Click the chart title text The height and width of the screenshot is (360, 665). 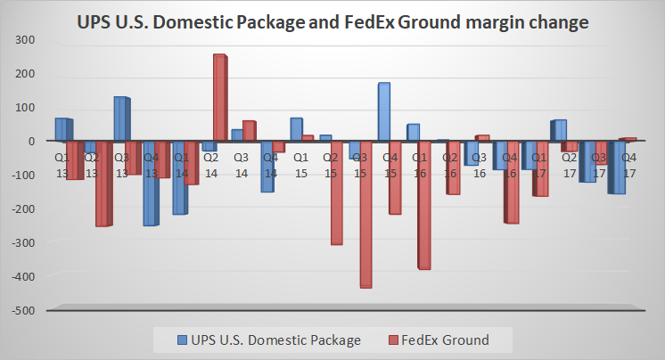click(x=332, y=21)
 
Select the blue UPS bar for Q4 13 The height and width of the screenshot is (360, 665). click(x=150, y=184)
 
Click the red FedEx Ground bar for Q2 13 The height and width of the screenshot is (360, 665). click(x=103, y=184)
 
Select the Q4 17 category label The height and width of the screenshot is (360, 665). click(x=628, y=164)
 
